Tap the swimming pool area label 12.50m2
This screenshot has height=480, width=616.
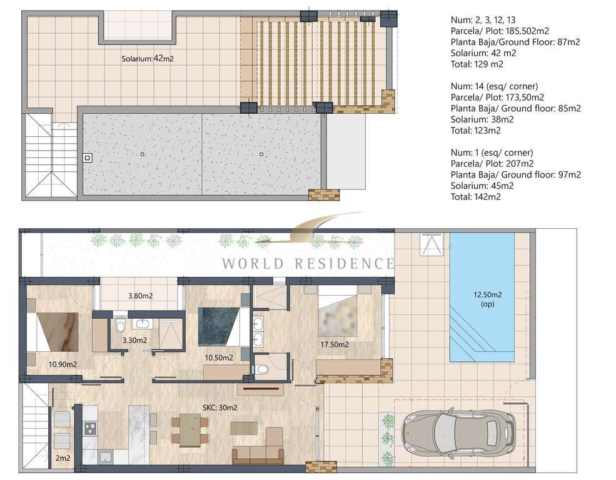point(488,294)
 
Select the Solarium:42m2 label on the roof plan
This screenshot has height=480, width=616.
point(148,59)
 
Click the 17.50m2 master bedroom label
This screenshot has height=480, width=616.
point(335,344)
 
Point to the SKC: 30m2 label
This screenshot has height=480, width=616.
point(220,407)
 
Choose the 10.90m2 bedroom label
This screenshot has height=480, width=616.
point(63,364)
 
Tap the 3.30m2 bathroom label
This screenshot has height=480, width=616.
point(134,340)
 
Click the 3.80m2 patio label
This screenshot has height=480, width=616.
point(140,296)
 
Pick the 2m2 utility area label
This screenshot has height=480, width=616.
point(63,458)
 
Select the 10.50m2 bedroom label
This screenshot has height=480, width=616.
point(219,358)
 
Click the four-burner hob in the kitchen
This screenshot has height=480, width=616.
point(90,427)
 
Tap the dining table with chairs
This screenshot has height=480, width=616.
point(190,430)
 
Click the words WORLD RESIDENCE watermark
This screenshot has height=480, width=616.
point(308,263)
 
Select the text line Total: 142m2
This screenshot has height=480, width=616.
point(476,197)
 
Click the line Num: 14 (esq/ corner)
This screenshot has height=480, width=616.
point(494,86)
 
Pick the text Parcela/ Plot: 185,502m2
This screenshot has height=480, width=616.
point(500,31)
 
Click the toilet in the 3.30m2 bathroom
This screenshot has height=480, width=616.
point(121,326)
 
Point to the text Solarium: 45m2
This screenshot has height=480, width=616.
point(482,186)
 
